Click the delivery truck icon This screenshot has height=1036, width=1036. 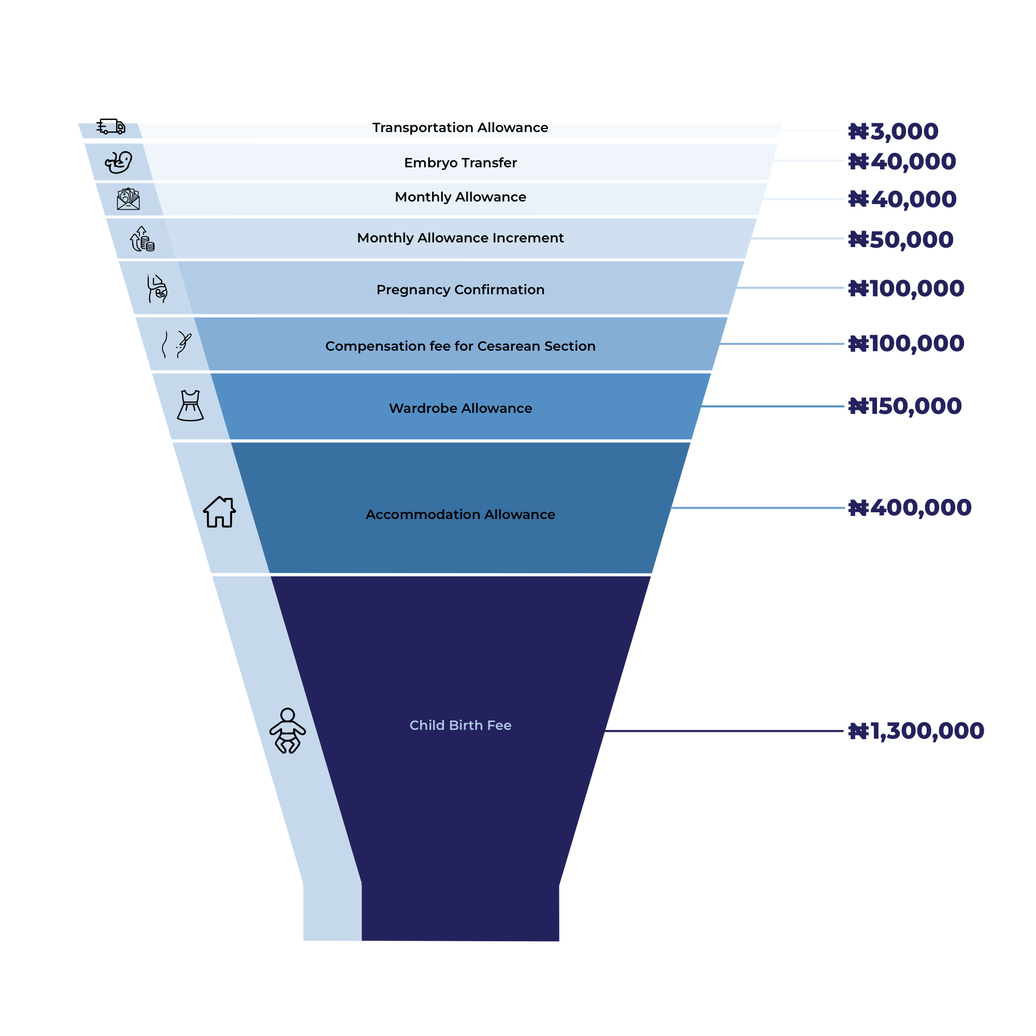(x=110, y=126)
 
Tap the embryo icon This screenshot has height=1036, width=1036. (x=119, y=162)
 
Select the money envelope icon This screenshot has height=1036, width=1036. (x=128, y=199)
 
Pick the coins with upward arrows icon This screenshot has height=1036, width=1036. (x=142, y=239)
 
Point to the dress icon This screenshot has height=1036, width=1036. (x=190, y=406)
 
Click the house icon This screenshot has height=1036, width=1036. (x=219, y=512)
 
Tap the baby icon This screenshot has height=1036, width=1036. (x=287, y=731)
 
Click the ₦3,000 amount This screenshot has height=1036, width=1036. (x=894, y=132)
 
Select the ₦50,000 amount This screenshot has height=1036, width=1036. (x=901, y=240)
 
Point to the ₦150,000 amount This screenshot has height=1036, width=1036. (x=905, y=407)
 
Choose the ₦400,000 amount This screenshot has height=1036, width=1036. (x=910, y=508)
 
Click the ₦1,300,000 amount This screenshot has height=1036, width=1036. (x=916, y=731)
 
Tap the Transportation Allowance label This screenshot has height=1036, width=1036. (x=460, y=127)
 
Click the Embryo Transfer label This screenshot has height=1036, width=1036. (x=460, y=163)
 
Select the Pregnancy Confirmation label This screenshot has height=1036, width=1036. (x=460, y=290)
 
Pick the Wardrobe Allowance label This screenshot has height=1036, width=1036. (x=460, y=408)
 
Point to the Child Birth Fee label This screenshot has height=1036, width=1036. (x=460, y=725)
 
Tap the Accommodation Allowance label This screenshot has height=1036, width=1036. (x=460, y=514)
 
